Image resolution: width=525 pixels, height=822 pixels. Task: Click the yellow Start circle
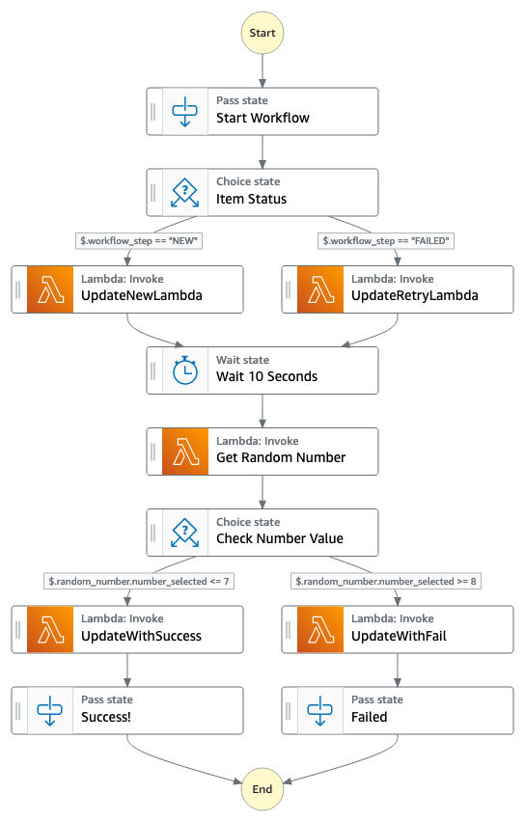tap(262, 33)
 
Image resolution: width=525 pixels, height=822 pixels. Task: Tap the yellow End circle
tap(262, 789)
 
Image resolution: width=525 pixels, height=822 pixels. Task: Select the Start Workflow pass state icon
tap(184, 112)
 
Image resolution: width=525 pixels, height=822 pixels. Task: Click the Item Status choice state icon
tap(184, 192)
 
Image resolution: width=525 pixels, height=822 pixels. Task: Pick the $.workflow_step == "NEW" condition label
tap(139, 240)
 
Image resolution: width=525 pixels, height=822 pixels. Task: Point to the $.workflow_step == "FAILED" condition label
tap(386, 240)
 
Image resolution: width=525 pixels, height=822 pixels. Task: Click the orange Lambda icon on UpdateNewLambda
tap(50, 289)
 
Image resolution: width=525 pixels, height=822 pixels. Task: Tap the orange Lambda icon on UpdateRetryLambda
tap(320, 289)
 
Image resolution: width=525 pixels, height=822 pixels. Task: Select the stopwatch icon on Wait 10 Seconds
tap(185, 370)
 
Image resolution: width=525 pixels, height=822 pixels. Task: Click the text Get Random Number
tap(281, 457)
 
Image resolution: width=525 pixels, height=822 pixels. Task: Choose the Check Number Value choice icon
tap(184, 533)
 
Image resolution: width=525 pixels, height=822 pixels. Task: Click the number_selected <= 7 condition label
tap(139, 581)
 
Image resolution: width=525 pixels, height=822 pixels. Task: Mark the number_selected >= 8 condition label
tap(386, 581)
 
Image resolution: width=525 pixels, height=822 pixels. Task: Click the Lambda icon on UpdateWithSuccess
tap(50, 630)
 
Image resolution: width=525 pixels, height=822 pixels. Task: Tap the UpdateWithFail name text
tap(400, 636)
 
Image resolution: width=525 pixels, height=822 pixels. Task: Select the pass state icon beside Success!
tap(50, 711)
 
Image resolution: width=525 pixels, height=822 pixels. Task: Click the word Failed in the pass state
tap(370, 717)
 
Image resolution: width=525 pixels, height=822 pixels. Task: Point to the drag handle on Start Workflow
tap(153, 112)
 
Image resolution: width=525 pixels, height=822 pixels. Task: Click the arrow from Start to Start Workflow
tap(262, 70)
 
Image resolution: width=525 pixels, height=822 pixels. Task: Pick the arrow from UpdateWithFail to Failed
tap(398, 670)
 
